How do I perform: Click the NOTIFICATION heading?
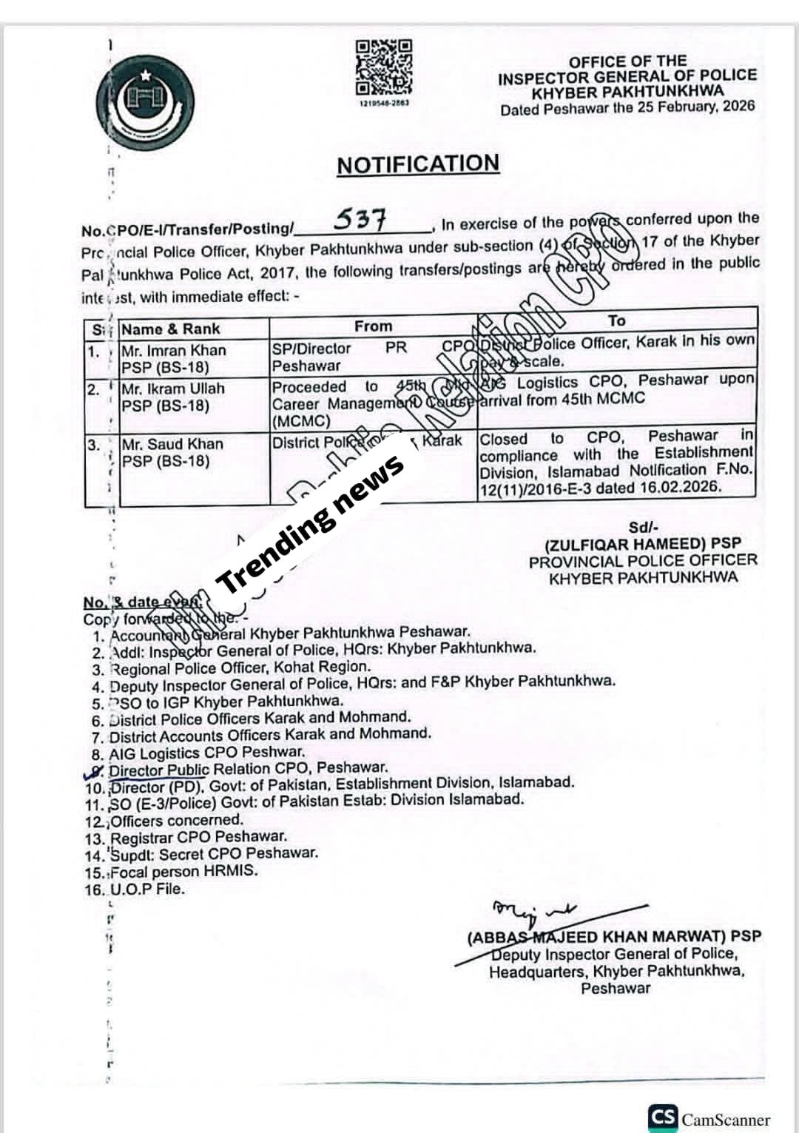418,164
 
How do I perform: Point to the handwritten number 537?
360,218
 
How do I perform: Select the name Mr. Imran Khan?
174,350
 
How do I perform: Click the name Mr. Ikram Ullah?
173,389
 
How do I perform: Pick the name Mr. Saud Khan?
172,444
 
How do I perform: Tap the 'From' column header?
373,326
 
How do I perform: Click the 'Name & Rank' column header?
171,329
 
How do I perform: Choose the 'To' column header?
616,320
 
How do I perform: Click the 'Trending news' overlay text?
311,523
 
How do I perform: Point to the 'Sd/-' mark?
643,527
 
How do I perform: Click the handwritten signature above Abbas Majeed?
533,912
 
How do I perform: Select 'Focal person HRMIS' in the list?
184,871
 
